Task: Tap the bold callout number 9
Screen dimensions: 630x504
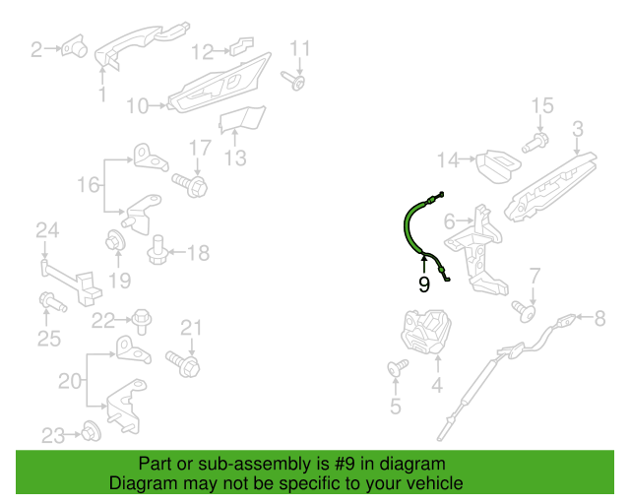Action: pyautogui.click(x=424, y=284)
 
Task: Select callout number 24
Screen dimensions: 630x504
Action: pyautogui.click(x=47, y=230)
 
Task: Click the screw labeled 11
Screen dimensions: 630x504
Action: pyautogui.click(x=293, y=81)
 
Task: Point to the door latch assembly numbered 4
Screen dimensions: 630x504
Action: pyautogui.click(x=426, y=331)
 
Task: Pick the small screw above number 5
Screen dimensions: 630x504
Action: pyautogui.click(x=398, y=368)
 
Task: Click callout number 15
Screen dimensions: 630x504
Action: pyautogui.click(x=542, y=105)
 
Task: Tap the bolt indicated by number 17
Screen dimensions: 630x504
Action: pyautogui.click(x=190, y=184)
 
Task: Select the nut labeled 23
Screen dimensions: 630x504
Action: pyautogui.click(x=92, y=431)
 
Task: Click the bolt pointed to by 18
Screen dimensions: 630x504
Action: pyautogui.click(x=157, y=250)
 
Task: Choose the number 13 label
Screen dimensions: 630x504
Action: pyautogui.click(x=235, y=157)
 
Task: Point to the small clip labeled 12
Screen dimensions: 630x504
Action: pyautogui.click(x=242, y=46)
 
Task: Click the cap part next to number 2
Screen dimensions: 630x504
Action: pyautogui.click(x=75, y=46)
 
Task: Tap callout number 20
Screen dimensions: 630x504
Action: pyautogui.click(x=70, y=381)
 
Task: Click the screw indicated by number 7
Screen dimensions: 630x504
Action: pyautogui.click(x=524, y=311)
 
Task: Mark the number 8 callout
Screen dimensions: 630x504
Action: pyautogui.click(x=599, y=319)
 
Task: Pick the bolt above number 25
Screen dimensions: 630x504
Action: pyautogui.click(x=52, y=302)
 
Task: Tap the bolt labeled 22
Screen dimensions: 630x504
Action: pyautogui.click(x=142, y=321)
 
